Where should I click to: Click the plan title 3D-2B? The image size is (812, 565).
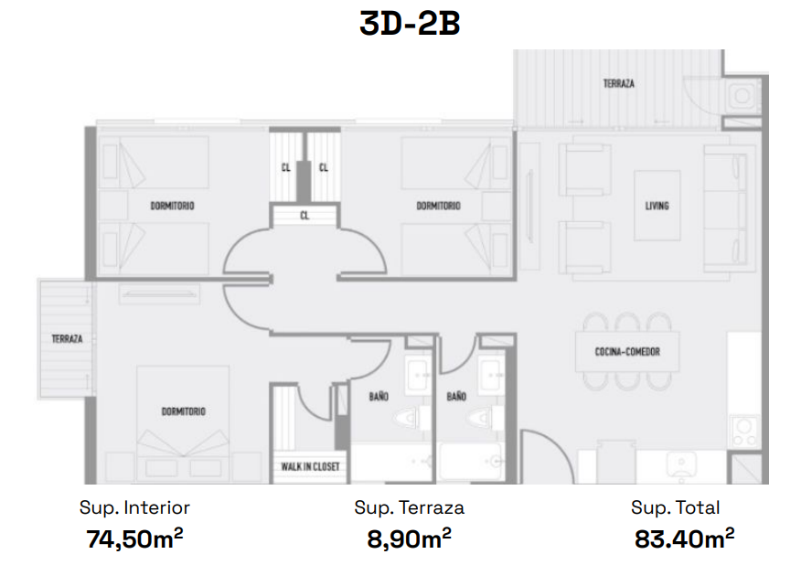(410, 24)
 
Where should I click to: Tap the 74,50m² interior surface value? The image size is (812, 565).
(134, 538)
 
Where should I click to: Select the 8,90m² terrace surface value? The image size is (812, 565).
(409, 538)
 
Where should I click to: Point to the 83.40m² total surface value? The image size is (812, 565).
(684, 538)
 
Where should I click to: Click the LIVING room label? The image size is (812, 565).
(657, 206)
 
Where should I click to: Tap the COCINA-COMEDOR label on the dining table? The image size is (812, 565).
(627, 352)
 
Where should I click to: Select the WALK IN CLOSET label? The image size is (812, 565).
(310, 466)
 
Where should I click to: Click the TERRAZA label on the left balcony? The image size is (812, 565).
(67, 338)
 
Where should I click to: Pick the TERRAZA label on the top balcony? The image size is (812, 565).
(619, 83)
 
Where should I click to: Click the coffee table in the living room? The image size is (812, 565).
(657, 206)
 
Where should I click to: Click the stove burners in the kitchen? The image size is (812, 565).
(744, 432)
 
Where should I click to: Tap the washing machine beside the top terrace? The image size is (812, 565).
(743, 96)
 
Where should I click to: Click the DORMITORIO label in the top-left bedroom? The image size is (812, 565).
(172, 206)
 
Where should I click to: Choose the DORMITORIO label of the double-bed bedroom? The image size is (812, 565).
(183, 411)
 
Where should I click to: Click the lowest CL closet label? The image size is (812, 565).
(304, 215)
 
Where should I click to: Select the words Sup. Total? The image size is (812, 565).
(675, 507)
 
